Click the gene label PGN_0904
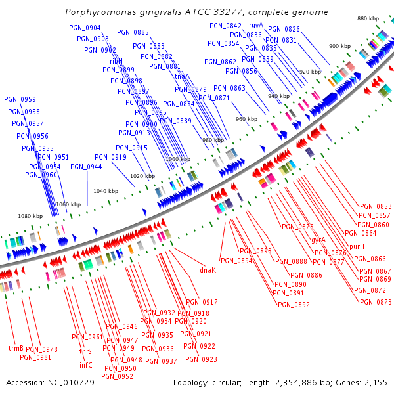(85, 28)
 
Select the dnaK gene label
(208, 270)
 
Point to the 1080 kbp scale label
(30, 216)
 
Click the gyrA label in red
(318, 240)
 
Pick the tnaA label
(182, 76)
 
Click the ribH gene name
(116, 61)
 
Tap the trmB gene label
(16, 348)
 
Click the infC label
(86, 365)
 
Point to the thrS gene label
(85, 352)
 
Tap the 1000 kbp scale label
(177, 159)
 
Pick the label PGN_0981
(35, 357)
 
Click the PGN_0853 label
(375, 206)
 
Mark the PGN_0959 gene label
(20, 99)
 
